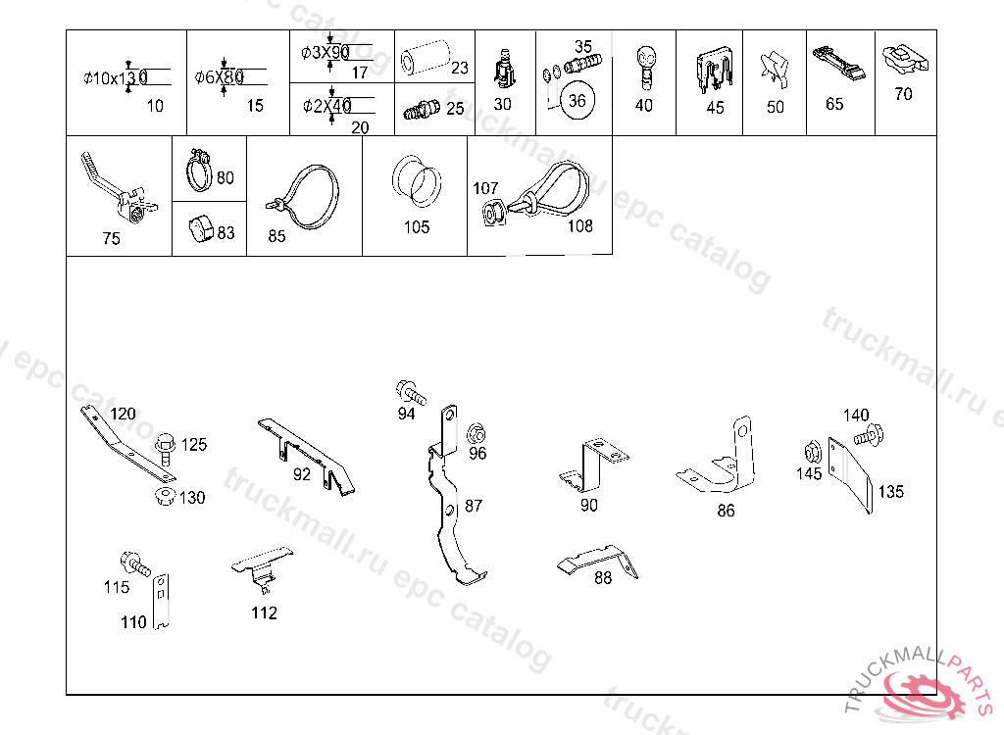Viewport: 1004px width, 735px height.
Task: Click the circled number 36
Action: pos(577,101)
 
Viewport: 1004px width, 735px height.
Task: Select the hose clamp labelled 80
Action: pos(199,171)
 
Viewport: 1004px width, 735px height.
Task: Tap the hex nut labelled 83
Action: pos(200,230)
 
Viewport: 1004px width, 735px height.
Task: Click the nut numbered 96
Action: pos(476,434)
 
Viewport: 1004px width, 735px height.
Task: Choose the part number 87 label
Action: pos(474,506)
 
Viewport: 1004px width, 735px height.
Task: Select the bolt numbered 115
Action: pos(133,564)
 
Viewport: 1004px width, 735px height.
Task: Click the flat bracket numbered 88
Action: pos(597,560)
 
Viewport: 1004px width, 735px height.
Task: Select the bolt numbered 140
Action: pos(868,434)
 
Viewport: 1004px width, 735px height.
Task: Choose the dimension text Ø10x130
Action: pos(115,77)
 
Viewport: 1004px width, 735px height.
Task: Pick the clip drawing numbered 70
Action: pos(902,61)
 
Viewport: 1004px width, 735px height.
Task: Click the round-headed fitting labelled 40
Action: pos(644,64)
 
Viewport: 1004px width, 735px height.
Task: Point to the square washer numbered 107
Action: pos(492,213)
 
